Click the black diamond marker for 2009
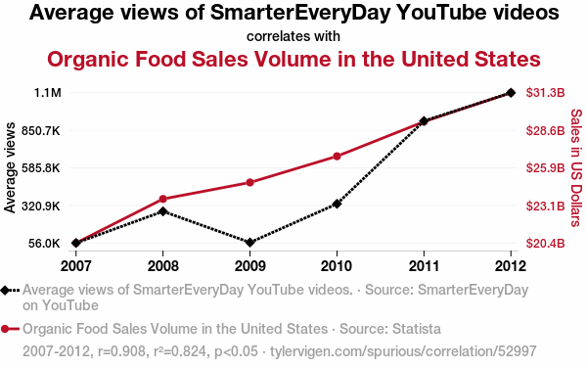pos(249,243)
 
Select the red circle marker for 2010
pos(337,157)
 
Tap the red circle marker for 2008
pos(162,199)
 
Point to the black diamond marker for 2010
pos(337,204)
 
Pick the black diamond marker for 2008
pos(162,211)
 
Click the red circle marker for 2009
pos(249,183)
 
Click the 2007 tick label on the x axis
pos(75,266)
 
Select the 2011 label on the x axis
pos(424,266)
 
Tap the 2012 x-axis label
pos(511,266)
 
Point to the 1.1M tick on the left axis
pos(48,92)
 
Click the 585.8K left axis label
pos(41,168)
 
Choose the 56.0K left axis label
pos(44,244)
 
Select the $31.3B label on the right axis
pos(545,92)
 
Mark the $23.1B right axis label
pos(545,206)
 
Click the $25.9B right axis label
pos(545,168)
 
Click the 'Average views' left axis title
pos(10,167)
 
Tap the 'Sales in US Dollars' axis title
pos(576,167)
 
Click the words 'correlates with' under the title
pos(293,36)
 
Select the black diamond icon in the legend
pos(5,290)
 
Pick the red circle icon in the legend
pos(5,329)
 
